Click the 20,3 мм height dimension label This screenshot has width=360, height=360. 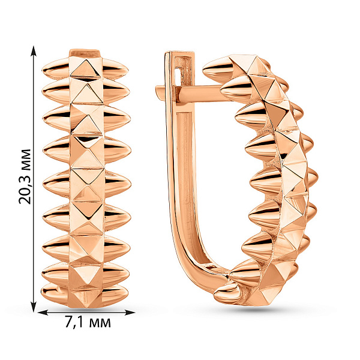tap(25, 176)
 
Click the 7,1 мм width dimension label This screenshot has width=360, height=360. tap(88, 322)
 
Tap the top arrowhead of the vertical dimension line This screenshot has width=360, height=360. tap(34, 51)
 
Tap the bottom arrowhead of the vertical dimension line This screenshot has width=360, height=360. tap(34, 307)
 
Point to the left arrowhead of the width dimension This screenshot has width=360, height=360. tap(43, 312)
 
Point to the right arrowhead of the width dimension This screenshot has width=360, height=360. tap(130, 312)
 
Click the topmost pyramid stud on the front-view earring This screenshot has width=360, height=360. tap(85, 68)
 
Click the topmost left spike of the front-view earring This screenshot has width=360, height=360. tap(56, 68)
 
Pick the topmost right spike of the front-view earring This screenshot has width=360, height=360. tap(115, 68)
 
